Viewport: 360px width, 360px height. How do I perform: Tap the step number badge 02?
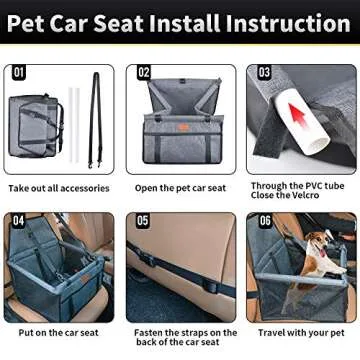143,73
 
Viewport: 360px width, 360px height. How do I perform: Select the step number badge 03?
264,73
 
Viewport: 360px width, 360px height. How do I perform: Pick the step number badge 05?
143,220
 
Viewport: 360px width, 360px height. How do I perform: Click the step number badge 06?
264,220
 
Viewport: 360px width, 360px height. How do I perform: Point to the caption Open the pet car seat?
180,188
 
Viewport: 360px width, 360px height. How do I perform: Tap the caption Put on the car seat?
55,333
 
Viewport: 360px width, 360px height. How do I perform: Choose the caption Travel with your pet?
300,333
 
